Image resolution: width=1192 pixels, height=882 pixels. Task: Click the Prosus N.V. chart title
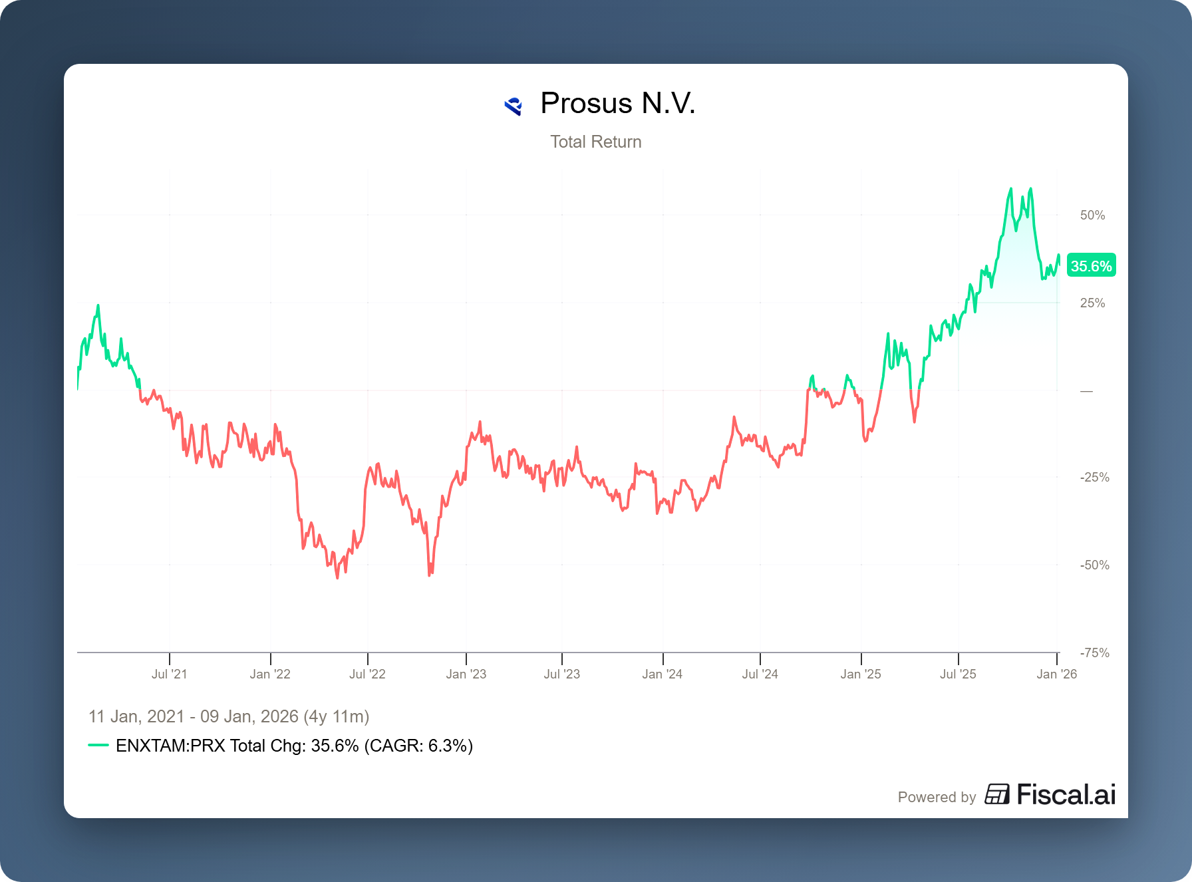point(617,104)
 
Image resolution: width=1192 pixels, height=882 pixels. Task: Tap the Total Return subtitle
point(595,142)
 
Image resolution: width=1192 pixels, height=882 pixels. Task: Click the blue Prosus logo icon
point(513,106)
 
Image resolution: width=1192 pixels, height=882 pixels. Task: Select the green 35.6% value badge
point(1091,266)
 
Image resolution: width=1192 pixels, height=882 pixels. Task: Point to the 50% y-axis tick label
point(1092,215)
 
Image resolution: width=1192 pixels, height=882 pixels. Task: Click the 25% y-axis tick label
point(1092,303)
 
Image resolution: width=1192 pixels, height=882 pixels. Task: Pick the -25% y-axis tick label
point(1094,477)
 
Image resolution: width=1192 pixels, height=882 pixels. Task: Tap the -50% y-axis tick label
point(1094,565)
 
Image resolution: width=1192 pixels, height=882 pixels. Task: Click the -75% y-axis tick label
point(1094,653)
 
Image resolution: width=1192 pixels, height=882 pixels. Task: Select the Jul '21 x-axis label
point(170,674)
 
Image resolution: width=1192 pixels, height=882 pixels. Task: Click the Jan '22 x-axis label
point(270,674)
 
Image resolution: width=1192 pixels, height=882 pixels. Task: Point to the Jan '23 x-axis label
point(466,674)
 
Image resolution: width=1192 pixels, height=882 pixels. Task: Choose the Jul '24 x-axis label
point(760,674)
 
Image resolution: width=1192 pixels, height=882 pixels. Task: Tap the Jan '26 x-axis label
point(1056,674)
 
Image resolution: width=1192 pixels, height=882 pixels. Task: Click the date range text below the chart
point(229,716)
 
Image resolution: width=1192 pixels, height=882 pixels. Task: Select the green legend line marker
point(98,746)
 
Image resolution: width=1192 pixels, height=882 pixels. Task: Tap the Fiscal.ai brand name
point(1066,795)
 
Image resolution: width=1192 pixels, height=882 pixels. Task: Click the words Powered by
point(937,797)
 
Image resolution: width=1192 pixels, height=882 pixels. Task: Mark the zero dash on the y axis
point(1086,391)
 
